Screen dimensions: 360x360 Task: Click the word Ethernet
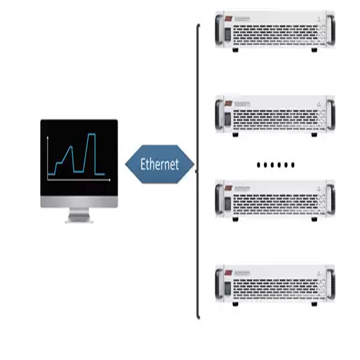click(160, 164)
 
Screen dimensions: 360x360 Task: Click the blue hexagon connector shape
click(160, 164)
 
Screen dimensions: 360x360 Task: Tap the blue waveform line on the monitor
click(76, 154)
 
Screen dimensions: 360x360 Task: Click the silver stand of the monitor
click(79, 215)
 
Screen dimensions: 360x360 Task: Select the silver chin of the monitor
click(79, 202)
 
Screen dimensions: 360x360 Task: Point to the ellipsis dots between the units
click(275, 165)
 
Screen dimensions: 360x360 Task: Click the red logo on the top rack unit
click(229, 19)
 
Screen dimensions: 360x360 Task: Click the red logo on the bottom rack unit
click(229, 273)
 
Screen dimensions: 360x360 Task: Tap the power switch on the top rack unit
click(227, 34)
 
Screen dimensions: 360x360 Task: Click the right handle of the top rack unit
click(331, 30)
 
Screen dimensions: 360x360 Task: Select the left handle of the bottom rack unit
click(219, 284)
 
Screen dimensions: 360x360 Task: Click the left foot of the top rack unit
click(235, 50)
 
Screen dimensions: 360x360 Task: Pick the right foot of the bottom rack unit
click(314, 304)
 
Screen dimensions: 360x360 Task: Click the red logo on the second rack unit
click(229, 103)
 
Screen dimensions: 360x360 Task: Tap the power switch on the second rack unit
click(227, 119)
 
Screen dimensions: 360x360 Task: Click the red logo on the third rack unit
click(229, 188)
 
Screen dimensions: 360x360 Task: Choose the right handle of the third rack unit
click(331, 199)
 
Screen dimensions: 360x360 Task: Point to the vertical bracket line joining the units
click(197, 171)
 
